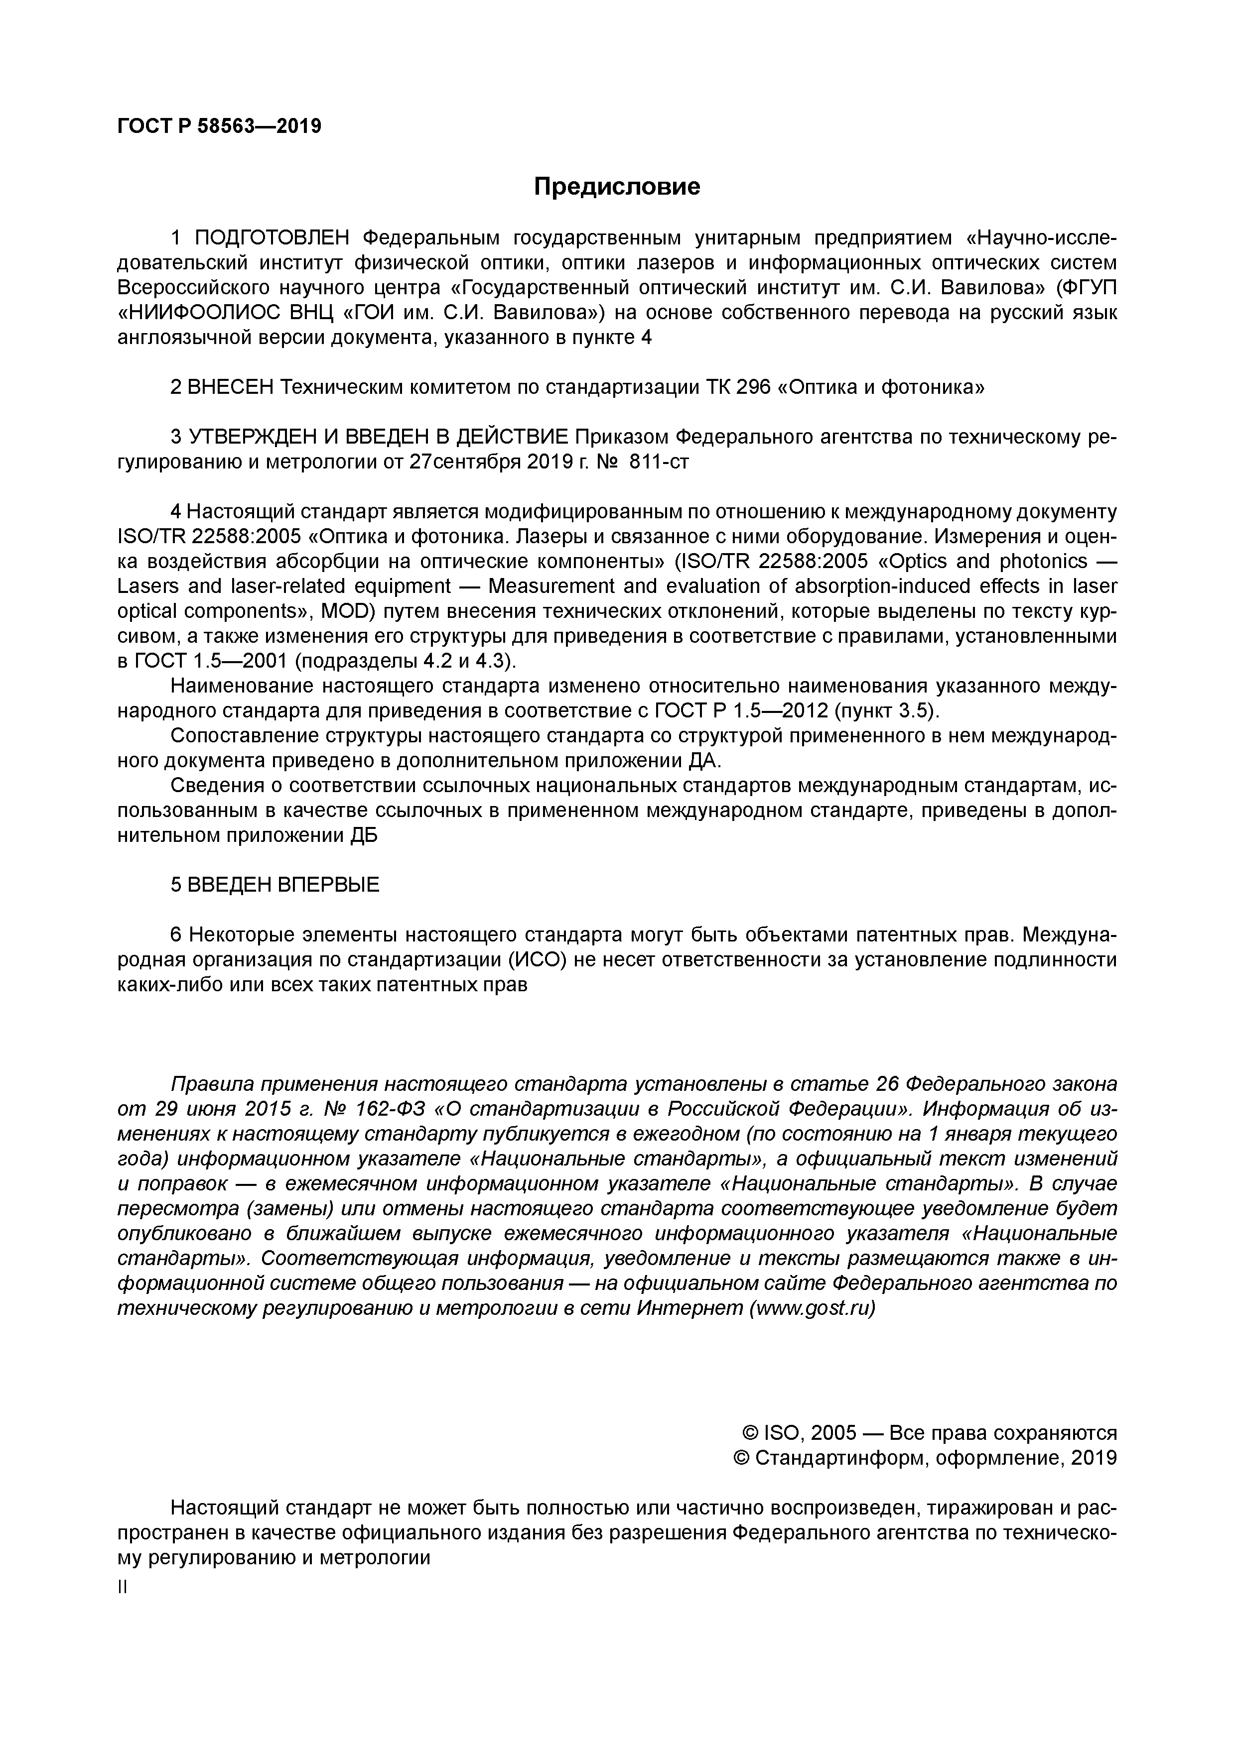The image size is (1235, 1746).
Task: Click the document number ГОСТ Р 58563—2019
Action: click(x=219, y=126)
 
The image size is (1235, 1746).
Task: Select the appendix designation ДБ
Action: click(x=363, y=835)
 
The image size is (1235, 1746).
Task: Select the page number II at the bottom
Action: click(x=123, y=1588)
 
